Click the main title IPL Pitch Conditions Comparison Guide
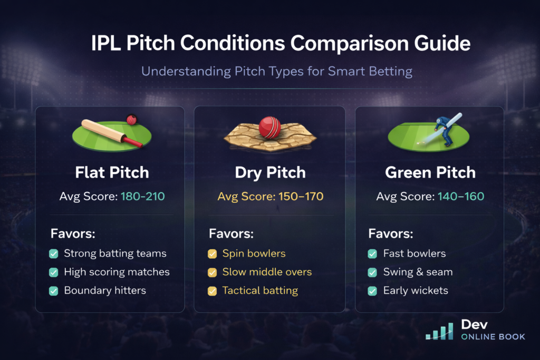pos(270,43)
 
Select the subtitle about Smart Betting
pos(270,71)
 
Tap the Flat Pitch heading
pos(111,172)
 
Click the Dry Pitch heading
pos(269,172)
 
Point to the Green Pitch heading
pos(430,172)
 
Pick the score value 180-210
pos(142,197)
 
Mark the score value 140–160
pos(460,197)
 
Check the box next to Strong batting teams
pos(53,254)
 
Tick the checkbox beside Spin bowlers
pos(212,254)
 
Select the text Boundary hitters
pos(105,290)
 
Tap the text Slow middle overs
pos(267,272)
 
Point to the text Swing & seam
pos(418,272)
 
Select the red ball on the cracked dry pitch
pos(269,128)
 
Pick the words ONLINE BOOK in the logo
pos(493,337)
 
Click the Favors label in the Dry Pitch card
pos(231,233)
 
